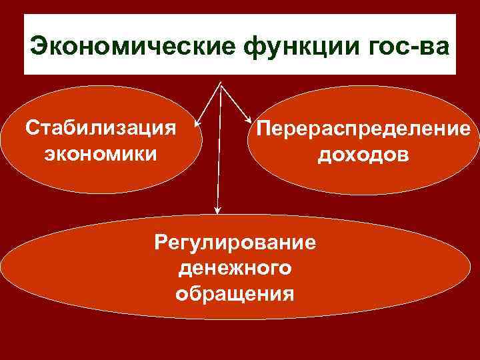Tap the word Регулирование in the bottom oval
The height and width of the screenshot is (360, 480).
(x=234, y=241)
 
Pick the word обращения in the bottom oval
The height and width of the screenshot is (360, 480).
(x=234, y=293)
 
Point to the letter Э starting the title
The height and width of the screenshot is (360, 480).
(x=39, y=48)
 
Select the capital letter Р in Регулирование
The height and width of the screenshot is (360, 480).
(x=161, y=241)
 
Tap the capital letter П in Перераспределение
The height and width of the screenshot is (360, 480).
(x=256, y=130)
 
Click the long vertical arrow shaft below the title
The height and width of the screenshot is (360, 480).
(x=217, y=153)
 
